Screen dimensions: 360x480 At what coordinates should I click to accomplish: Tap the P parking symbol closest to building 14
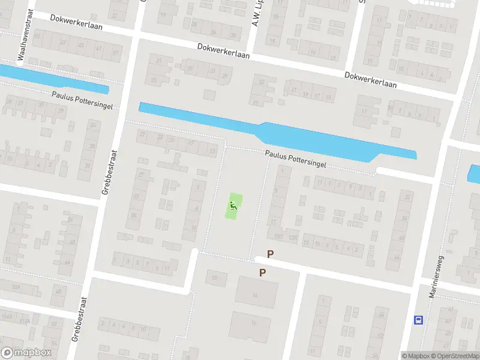[x=262, y=273]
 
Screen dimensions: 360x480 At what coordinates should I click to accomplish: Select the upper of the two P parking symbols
[x=270, y=254]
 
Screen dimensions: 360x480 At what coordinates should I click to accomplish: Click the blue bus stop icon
[x=418, y=320]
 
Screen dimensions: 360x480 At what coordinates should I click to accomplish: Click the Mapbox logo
[x=26, y=353]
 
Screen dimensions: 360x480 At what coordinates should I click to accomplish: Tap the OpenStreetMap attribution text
[x=455, y=356]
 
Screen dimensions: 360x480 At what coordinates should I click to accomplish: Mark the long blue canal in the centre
[x=270, y=132]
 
